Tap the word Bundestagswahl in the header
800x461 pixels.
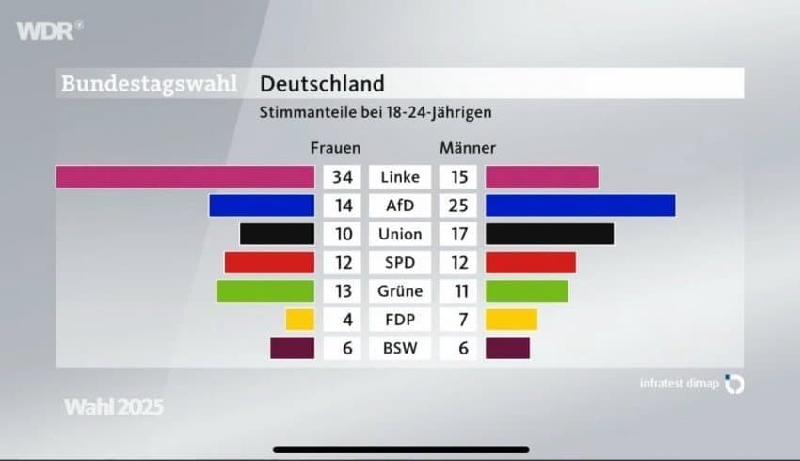149,84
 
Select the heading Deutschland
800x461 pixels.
322,84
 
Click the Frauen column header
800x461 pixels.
335,148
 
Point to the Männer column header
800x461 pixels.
468,148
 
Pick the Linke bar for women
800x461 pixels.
184,176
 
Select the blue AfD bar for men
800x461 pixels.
580,206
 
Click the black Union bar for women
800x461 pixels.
277,234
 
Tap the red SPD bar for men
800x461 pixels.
530,262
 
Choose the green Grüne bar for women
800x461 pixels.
265,291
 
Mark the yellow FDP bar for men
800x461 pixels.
511,320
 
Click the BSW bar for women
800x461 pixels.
292,348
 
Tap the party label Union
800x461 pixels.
400,234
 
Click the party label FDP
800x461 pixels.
400,320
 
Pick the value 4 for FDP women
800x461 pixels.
346,320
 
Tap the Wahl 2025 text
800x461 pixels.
114,407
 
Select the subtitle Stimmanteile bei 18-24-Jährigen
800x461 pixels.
376,112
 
